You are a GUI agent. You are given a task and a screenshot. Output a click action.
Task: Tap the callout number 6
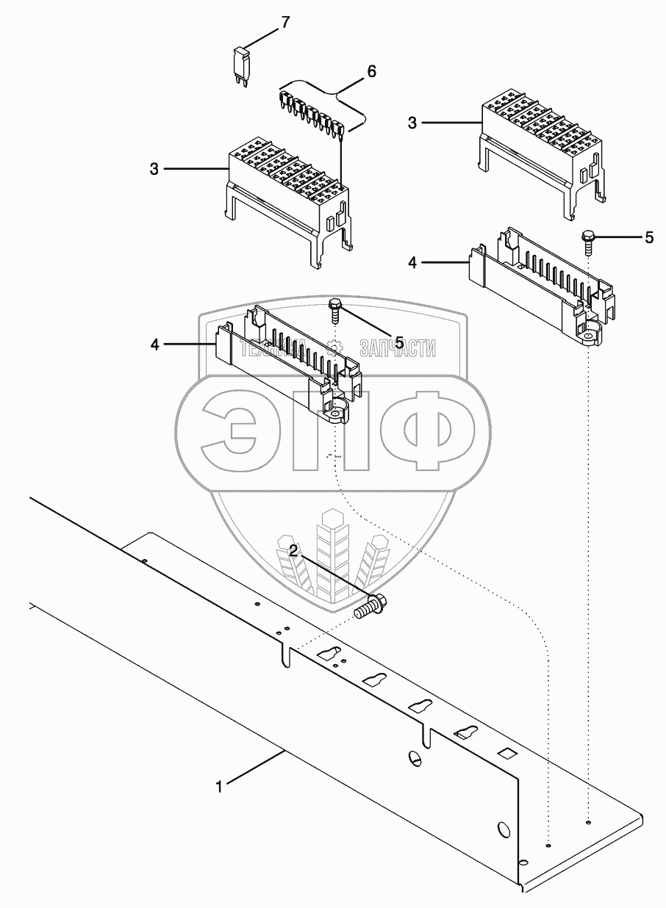(x=371, y=71)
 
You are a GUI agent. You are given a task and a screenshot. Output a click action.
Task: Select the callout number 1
(x=218, y=786)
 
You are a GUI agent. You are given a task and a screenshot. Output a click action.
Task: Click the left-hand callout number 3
(x=154, y=169)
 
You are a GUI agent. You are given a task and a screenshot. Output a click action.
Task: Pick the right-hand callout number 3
(x=412, y=123)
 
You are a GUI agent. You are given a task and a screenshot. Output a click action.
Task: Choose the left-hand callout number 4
(x=154, y=343)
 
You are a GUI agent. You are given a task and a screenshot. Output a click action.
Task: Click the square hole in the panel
(x=505, y=753)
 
